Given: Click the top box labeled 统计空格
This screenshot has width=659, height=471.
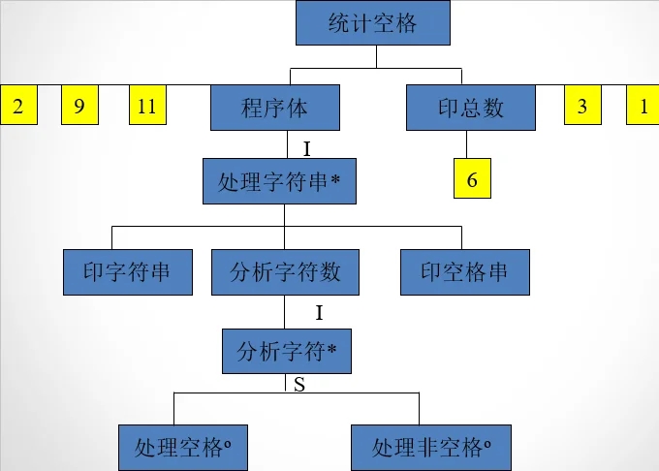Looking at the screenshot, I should (372, 23).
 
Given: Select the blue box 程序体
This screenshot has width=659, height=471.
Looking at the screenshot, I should (274, 107).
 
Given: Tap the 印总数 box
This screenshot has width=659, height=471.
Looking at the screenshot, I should (470, 107).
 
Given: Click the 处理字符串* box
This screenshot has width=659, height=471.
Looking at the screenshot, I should (279, 181).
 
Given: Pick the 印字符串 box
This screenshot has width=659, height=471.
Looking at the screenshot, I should (128, 272).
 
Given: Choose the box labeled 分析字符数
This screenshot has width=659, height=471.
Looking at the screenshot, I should (285, 272).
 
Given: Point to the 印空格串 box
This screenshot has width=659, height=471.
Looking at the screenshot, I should (465, 272).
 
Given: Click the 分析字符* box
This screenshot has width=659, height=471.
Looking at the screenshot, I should (286, 352).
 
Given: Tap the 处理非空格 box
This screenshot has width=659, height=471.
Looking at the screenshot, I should (430, 448).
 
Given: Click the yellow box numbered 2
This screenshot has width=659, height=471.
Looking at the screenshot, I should (17, 106).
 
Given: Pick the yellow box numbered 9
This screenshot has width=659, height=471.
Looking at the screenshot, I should (79, 106).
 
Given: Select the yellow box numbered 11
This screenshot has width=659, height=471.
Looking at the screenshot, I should (147, 106).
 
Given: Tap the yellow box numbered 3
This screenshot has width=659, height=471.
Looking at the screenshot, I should (582, 106).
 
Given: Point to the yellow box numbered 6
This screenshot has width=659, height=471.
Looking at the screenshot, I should (472, 180).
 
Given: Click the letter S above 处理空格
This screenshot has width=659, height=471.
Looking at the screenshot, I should (299, 385).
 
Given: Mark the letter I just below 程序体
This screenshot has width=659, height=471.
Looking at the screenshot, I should (306, 148).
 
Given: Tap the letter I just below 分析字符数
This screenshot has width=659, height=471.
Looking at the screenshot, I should (319, 313).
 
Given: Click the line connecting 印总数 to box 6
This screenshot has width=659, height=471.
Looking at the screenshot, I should (469, 145).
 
